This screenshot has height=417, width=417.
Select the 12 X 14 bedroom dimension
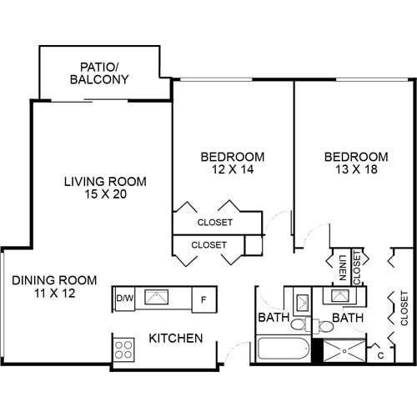tap(233, 169)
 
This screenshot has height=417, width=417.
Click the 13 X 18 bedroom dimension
tap(356, 169)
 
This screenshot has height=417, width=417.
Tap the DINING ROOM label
tap(54, 280)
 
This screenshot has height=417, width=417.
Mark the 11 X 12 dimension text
tap(54, 294)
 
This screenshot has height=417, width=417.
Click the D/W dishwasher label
tap(124, 298)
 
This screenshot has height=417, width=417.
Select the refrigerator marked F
tap(203, 299)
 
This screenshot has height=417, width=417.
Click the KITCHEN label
tap(176, 339)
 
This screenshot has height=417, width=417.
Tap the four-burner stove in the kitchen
tap(124, 348)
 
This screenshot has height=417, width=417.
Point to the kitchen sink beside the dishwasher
tap(157, 297)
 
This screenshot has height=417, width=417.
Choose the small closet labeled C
tap(380, 355)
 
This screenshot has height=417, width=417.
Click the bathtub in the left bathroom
tap(282, 349)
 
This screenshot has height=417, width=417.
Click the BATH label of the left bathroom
tap(273, 318)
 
